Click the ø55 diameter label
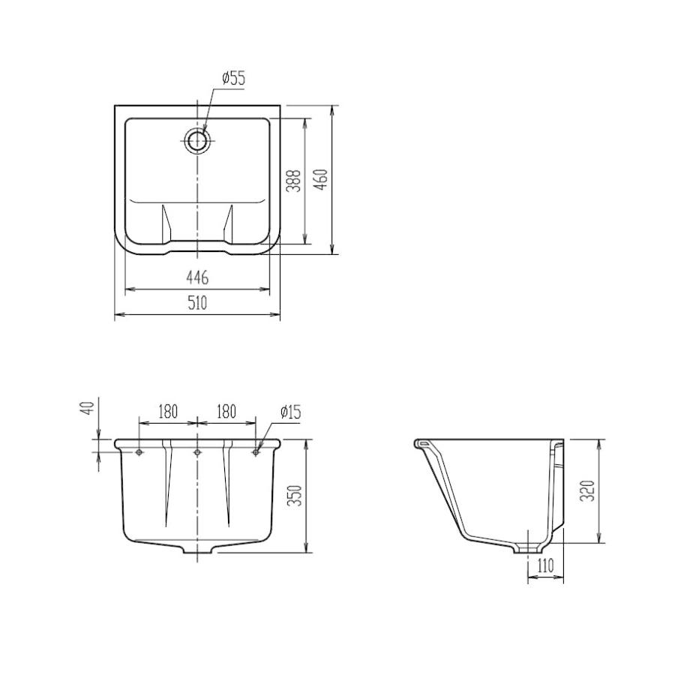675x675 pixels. pyautogui.click(x=233, y=79)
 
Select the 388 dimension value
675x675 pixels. pyautogui.click(x=293, y=180)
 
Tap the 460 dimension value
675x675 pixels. pyautogui.click(x=322, y=179)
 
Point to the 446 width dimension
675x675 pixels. pyautogui.click(x=197, y=277)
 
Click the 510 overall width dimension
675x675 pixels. pyautogui.click(x=197, y=304)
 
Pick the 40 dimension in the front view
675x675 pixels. pyautogui.click(x=88, y=407)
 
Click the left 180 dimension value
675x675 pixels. pyautogui.click(x=167, y=412)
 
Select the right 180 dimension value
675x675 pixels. pyautogui.click(x=226, y=412)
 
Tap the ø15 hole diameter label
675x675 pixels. pyautogui.click(x=290, y=412)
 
